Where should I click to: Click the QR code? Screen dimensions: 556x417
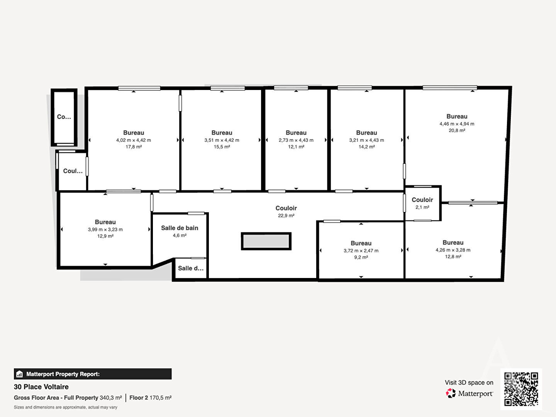point(521,389)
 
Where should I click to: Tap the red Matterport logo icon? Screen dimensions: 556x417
point(451,393)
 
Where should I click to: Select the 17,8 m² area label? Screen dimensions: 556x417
point(134,147)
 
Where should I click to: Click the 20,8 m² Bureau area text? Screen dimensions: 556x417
point(457,131)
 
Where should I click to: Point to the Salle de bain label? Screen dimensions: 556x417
point(180,228)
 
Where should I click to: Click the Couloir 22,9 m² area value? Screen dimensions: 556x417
point(286,216)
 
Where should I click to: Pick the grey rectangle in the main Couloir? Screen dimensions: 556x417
point(266,241)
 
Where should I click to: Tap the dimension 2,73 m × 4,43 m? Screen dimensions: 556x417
point(296,140)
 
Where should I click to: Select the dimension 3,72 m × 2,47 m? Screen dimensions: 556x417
point(361,251)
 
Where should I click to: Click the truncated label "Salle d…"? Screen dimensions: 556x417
point(191,268)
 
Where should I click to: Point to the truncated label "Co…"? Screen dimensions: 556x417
point(64,117)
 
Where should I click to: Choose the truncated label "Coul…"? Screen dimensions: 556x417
point(73,171)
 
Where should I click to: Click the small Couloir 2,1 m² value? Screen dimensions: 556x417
point(422,207)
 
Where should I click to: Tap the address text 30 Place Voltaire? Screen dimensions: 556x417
point(41,387)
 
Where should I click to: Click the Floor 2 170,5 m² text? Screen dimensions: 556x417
point(151,398)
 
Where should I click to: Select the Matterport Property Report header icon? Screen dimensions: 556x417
point(20,374)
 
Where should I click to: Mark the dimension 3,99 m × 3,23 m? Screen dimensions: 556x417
point(105,230)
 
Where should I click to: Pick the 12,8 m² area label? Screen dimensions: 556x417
point(453,257)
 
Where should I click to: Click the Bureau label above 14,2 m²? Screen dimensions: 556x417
point(366,133)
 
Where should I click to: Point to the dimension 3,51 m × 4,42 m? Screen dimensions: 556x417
point(222,140)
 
